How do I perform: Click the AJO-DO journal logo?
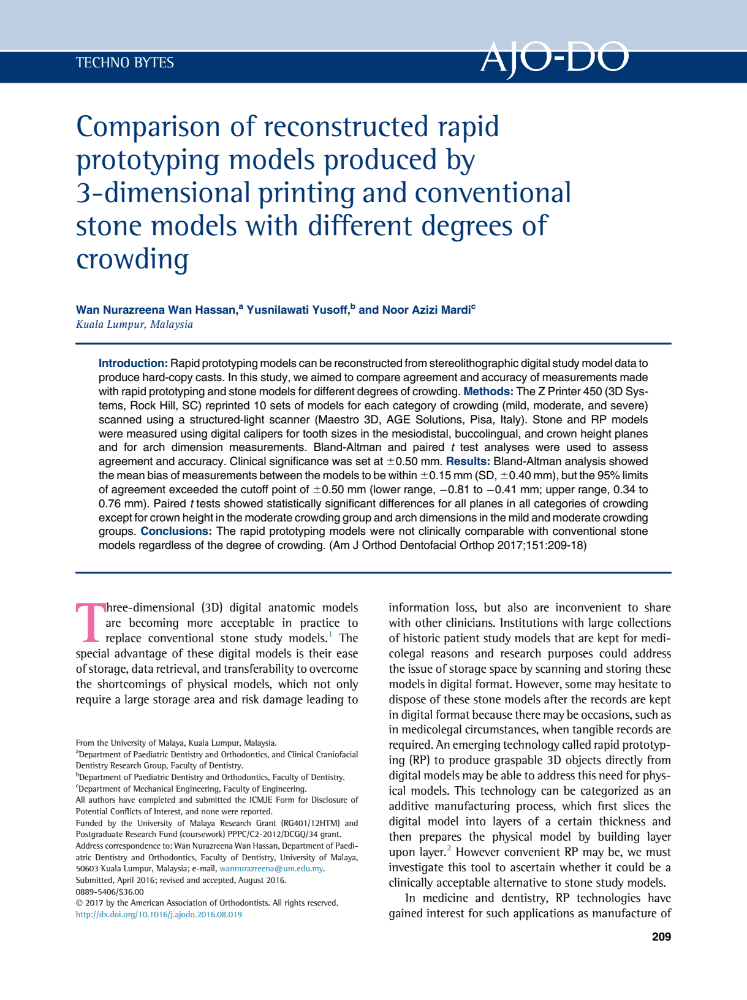pos(554,59)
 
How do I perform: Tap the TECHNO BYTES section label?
pos(125,63)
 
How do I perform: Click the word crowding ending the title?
pos(132,259)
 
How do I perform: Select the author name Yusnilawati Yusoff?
pos(297,310)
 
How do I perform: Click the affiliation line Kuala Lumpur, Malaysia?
pos(134,325)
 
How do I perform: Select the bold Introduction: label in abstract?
pos(133,363)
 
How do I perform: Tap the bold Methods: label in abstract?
pos(488,392)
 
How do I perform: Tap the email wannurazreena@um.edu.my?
pos(271,868)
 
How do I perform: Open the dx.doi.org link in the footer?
pos(159,914)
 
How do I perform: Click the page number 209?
pos(661,937)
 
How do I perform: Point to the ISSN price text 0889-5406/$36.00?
pos(110,892)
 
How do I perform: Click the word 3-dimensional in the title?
pos(162,193)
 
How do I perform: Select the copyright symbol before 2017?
pos(79,903)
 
